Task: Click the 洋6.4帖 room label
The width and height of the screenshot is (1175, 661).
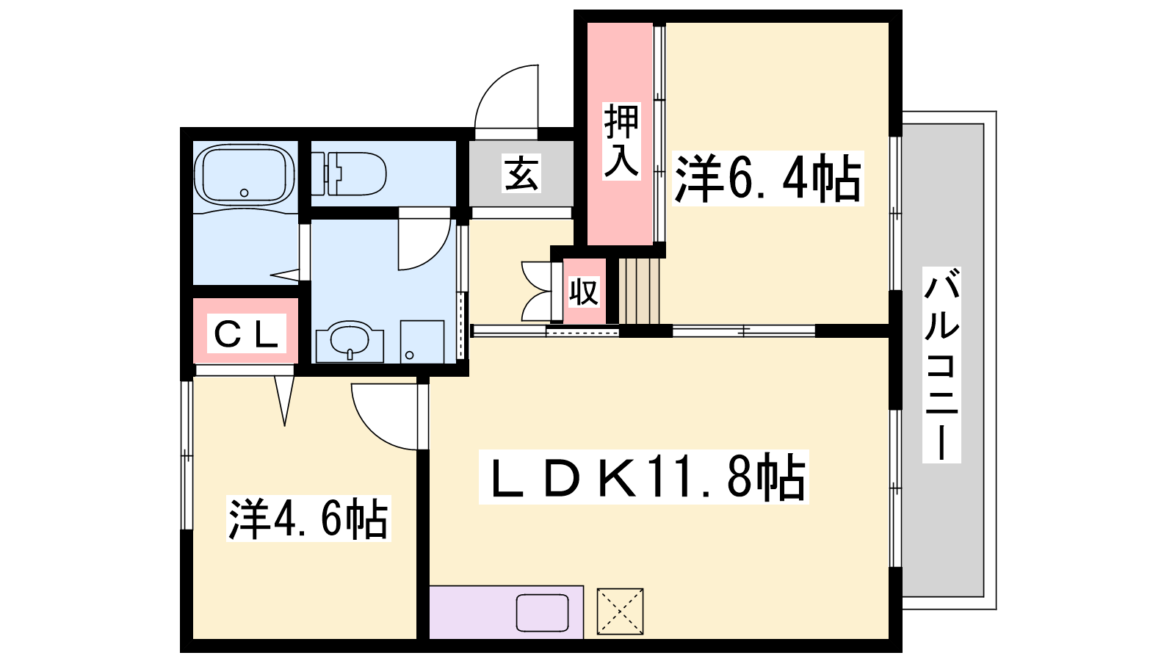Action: [x=767, y=178]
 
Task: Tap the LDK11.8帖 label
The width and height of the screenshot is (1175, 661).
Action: [x=643, y=477]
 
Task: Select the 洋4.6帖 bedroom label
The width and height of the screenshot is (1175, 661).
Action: [x=308, y=519]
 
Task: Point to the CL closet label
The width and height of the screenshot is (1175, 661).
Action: [x=246, y=333]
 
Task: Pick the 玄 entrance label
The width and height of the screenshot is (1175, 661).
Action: [x=521, y=173]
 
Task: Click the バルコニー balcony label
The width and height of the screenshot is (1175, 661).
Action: [x=941, y=365]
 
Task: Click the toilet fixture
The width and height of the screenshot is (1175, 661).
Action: [x=349, y=173]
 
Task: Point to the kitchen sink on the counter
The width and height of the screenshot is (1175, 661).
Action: [x=542, y=613]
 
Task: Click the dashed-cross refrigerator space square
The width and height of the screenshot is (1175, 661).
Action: [x=620, y=611]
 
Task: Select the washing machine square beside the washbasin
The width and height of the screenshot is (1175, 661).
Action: [x=422, y=342]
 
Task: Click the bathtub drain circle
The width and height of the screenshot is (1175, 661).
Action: [x=244, y=192]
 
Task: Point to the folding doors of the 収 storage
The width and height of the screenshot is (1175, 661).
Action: [x=537, y=291]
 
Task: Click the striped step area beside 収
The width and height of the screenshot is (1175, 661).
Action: [x=639, y=291]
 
